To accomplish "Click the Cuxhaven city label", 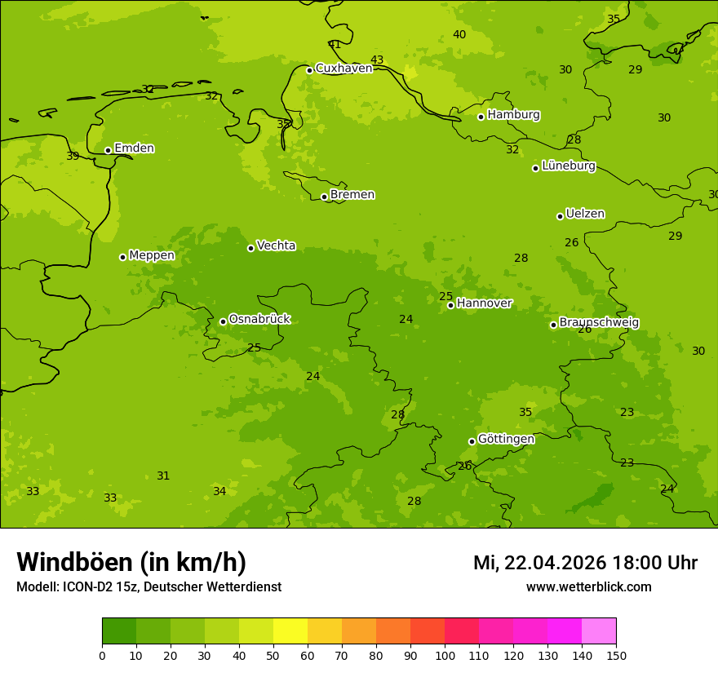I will [x=343, y=69].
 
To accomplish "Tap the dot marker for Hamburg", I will [x=481, y=117].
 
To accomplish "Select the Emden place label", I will [x=134, y=148].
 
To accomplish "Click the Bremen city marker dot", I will [x=324, y=197].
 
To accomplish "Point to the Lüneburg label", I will [x=568, y=166].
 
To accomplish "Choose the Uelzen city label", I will [x=585, y=215].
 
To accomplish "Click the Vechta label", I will [x=276, y=246].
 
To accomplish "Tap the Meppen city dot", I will [x=122, y=257].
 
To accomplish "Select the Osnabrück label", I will [x=259, y=319].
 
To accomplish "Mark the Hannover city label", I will [x=484, y=303].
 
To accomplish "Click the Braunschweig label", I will [x=599, y=323].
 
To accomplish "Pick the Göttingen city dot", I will [x=472, y=441].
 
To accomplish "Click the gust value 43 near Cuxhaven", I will [x=377, y=60].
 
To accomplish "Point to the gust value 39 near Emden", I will [x=73, y=157].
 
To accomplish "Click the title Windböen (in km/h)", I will [x=131, y=562].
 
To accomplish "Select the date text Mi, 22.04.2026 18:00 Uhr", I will [x=585, y=563].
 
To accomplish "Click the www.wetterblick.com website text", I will [x=588, y=587].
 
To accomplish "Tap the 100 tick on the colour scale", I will [x=445, y=654].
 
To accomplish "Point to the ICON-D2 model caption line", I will [x=148, y=587].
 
